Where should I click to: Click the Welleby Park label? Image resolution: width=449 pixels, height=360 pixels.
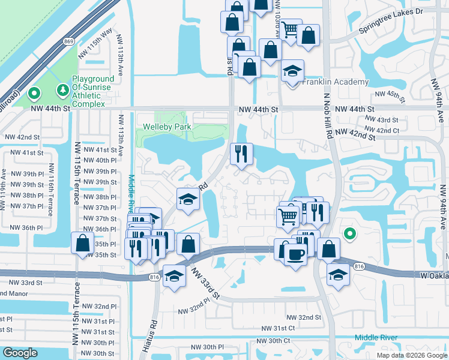click(167, 127)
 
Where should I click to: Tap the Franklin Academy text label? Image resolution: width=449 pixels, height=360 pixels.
click(336, 82)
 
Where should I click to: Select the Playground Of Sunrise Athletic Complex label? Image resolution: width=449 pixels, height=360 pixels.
click(93, 90)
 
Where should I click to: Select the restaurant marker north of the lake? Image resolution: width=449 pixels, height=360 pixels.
click(242, 154)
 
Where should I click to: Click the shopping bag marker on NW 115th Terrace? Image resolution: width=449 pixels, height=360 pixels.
click(82, 243)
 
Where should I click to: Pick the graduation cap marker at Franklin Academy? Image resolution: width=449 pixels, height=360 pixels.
click(292, 71)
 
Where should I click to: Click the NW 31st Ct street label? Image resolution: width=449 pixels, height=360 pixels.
click(279, 328)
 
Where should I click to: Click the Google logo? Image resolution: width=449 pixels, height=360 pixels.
click(20, 353)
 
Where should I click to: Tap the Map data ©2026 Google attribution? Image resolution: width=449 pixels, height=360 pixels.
click(412, 355)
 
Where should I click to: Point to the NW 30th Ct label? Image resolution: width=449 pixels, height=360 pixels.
click(270, 341)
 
